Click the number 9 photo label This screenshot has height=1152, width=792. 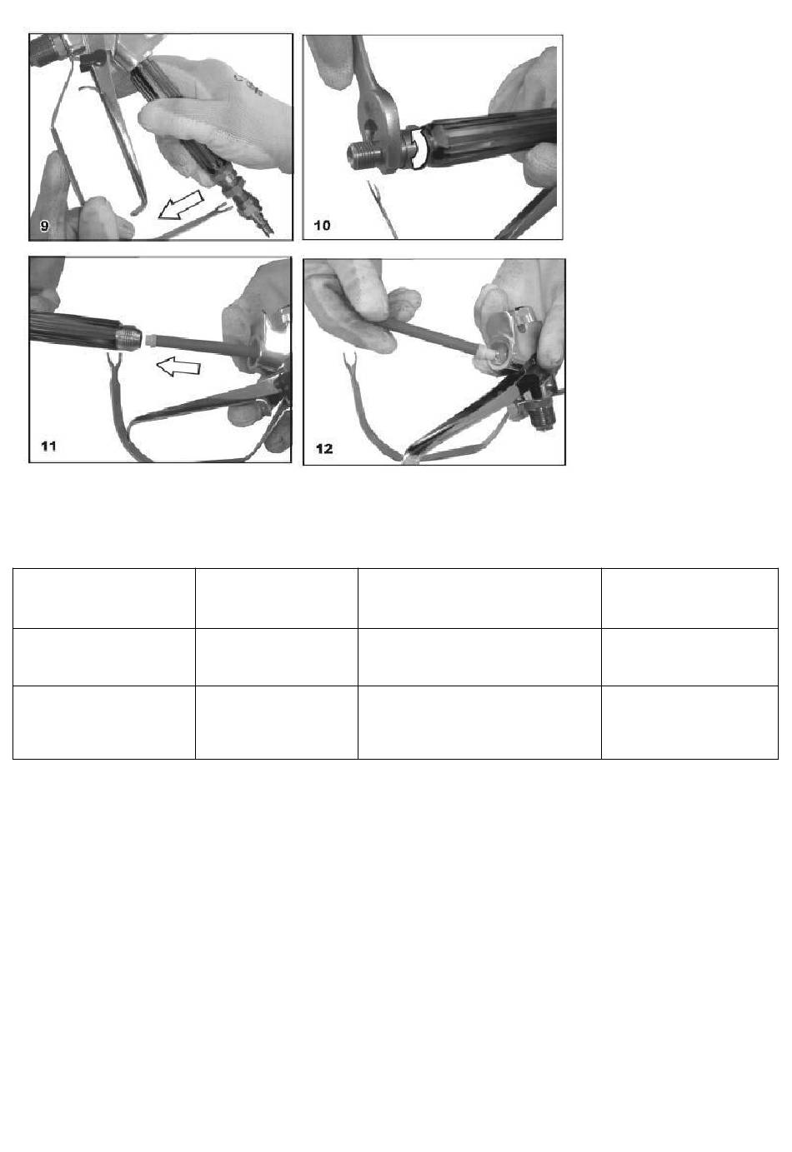[45, 225]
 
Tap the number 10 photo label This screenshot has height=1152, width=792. [322, 225]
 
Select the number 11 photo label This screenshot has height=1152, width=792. [48, 446]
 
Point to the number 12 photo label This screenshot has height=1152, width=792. [324, 448]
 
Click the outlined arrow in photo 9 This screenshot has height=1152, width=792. [181, 204]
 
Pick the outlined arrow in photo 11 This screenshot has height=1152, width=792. [178, 367]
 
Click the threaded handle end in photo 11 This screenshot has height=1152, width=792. [128, 339]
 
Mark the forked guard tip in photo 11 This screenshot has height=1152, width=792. [113, 360]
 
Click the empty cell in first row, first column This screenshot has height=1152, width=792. [104, 598]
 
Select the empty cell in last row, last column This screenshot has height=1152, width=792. [689, 722]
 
